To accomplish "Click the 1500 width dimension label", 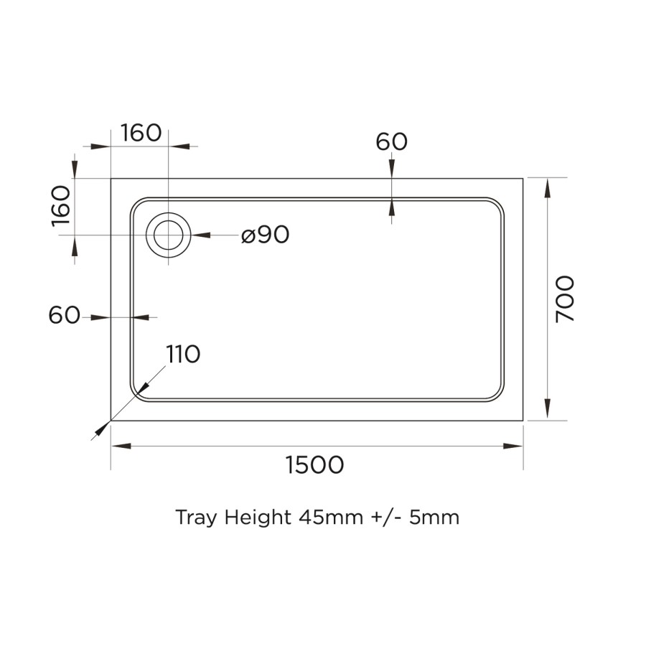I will (x=315, y=465).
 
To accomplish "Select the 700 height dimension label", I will (x=566, y=299).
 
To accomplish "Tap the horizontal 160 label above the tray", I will (x=141, y=133).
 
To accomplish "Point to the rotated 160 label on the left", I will (x=62, y=206).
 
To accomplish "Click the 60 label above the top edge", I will (x=391, y=142).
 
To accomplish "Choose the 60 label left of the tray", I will (x=65, y=315).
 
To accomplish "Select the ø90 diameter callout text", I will (x=265, y=235).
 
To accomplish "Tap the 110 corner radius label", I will (x=183, y=354).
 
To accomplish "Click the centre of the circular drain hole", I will (x=169, y=235).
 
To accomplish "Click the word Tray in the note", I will (x=196, y=518).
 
